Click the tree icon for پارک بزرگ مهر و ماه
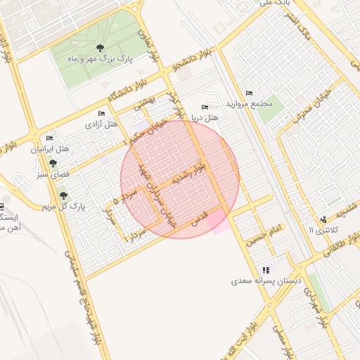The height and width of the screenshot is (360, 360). pos(101,49)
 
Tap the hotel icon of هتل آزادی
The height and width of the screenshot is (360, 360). pos(102,113)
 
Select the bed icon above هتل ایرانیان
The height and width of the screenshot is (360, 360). pos(49,138)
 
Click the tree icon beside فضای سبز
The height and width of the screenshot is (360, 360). pos(53,163)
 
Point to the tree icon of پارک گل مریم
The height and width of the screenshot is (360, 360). pos(64,195)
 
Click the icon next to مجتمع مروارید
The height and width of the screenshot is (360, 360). pos(249,94)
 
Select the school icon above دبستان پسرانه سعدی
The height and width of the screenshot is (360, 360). pos(266,269)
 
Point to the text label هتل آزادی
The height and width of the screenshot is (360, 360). pos(101,124)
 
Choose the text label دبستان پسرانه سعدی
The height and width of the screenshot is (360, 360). pos(267,281)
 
